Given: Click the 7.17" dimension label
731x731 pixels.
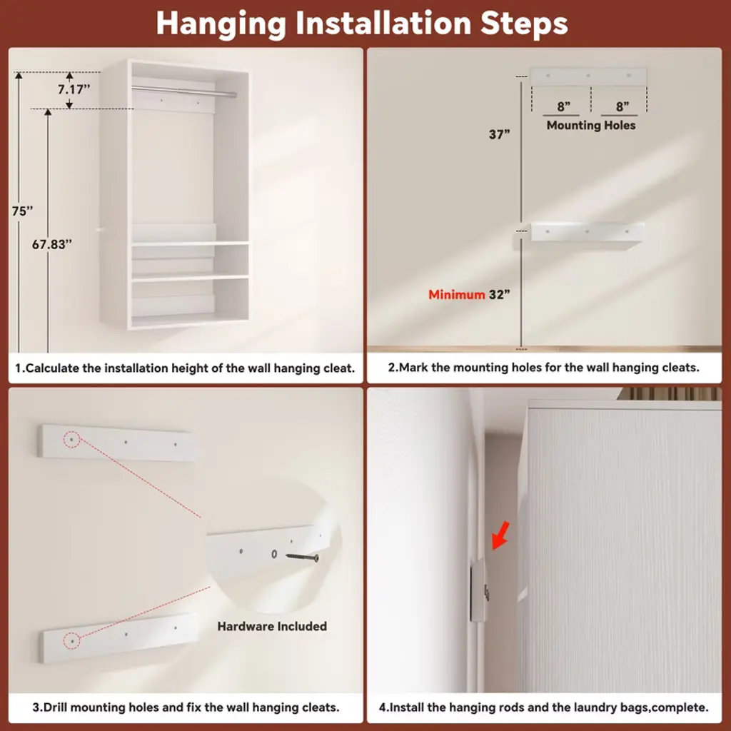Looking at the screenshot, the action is tap(74, 89).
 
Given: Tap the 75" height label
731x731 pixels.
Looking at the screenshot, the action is tap(22, 211).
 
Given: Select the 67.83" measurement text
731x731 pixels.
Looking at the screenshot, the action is tap(51, 244).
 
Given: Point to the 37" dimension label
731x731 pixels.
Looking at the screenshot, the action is tap(499, 135).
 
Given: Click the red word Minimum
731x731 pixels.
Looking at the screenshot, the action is tap(456, 295).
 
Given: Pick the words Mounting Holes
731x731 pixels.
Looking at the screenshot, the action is tap(590, 126).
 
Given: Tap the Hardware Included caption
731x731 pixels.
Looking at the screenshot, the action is tap(272, 626).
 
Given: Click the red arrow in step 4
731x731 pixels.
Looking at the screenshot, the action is tap(500, 536).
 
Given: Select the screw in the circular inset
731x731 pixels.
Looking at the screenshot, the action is tap(302, 557).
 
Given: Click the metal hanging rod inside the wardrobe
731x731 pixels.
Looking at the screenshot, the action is tap(183, 91).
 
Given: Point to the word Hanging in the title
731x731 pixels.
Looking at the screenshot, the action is tap(221, 24).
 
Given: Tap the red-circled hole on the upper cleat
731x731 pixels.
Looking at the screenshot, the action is tap(72, 439).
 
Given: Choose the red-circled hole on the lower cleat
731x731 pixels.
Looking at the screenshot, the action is tap(72, 642).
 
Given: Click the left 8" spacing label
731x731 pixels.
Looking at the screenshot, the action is tap(564, 106).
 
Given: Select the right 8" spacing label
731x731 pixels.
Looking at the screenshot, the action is tap(622, 106).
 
